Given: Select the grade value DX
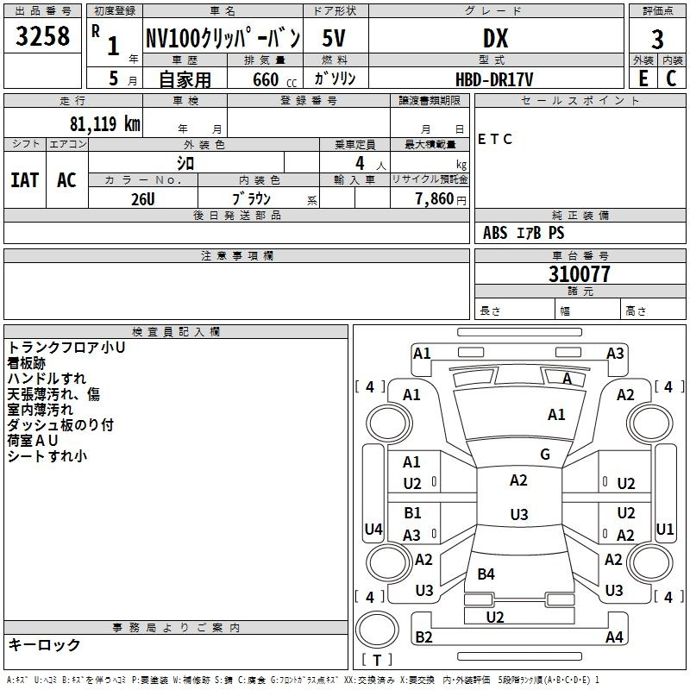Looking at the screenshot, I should pos(495,38).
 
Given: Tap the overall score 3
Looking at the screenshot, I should pos(657,39).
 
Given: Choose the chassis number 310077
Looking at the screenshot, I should pos(580,274).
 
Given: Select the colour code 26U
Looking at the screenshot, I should pos(143,199).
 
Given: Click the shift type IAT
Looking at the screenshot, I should pos(24,179).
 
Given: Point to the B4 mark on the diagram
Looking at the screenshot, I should pos(486,574).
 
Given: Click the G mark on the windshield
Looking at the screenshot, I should pos(545,455).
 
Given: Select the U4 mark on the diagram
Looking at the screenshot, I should pos(373,529).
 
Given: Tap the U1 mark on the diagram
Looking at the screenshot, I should pos(665,529).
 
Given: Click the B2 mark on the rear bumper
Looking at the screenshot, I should pos(424,637).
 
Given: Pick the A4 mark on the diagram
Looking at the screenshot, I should pos(614,637).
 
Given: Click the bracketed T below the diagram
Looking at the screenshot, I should pos(377,661).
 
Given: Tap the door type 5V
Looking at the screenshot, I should pos(335,38).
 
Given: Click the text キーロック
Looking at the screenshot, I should pos(44,644).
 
